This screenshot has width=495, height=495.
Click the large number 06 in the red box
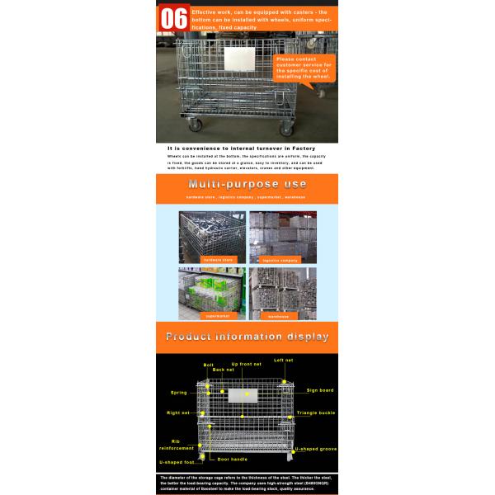click(173, 19)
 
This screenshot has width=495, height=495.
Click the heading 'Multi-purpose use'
click(247, 184)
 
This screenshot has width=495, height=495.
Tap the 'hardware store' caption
click(212, 259)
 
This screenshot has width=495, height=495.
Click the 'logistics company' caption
click(282, 259)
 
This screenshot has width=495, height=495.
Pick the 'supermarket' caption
click(212, 315)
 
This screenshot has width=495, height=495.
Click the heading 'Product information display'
click(247, 337)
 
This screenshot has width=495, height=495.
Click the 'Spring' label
click(178, 393)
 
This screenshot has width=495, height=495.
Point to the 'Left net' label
click(285, 360)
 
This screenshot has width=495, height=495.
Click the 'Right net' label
click(178, 412)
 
